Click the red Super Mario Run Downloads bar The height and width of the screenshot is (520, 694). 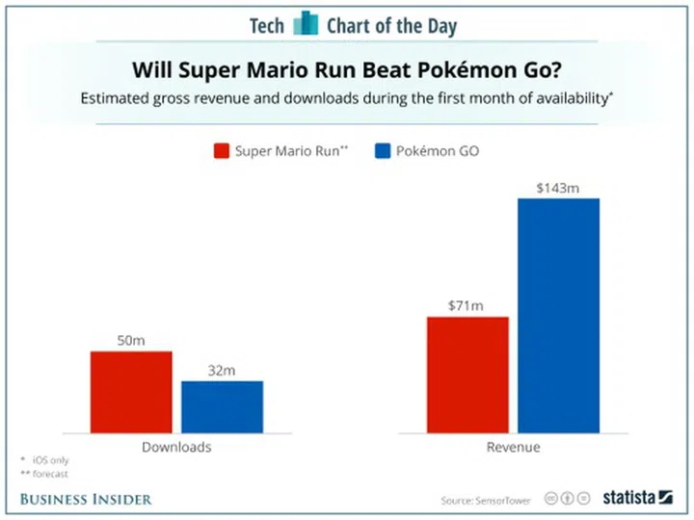[x=131, y=392]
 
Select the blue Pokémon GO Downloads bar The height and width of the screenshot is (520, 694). [x=222, y=406]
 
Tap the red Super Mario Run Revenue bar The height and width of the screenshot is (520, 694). [x=467, y=375]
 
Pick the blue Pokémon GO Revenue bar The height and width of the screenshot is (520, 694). [x=558, y=315]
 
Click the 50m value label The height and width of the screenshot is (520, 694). [x=131, y=340]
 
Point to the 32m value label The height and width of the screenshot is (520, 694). [x=222, y=370]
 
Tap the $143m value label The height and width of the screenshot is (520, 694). [x=558, y=188]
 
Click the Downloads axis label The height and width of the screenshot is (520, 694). [x=176, y=448]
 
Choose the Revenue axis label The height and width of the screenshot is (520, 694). [x=513, y=448]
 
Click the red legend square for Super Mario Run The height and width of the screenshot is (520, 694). [x=220, y=151]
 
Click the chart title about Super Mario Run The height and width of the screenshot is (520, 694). [x=347, y=70]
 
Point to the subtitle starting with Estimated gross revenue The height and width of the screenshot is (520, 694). [x=347, y=99]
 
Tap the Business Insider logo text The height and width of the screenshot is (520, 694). [x=86, y=498]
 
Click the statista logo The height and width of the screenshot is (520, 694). [x=636, y=498]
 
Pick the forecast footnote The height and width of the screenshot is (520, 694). [x=48, y=475]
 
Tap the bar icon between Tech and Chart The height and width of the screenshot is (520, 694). [x=306, y=23]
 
